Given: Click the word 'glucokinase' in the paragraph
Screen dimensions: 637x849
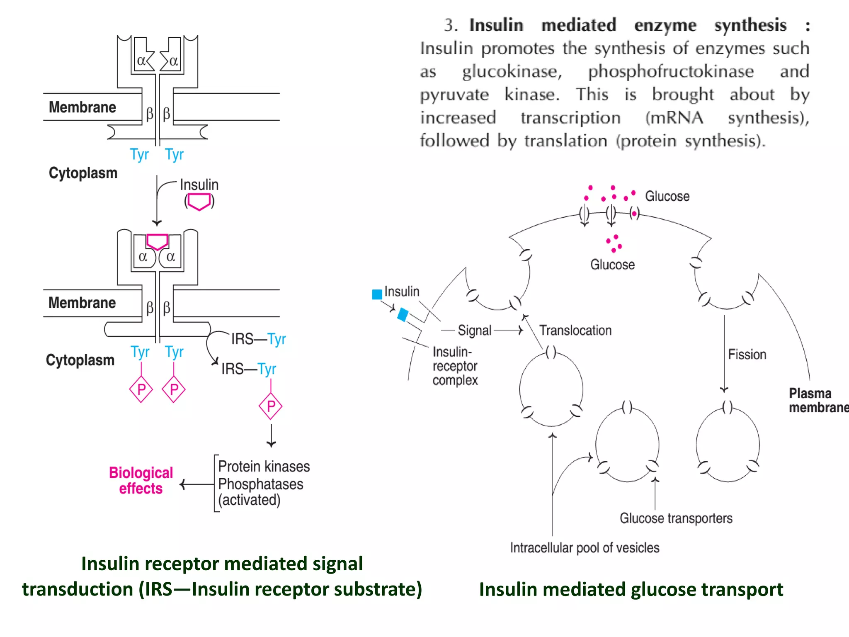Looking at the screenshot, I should tap(512, 72).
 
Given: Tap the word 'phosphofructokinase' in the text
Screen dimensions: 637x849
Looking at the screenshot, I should tap(671, 72).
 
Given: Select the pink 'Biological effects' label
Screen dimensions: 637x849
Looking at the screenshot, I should tap(141, 480).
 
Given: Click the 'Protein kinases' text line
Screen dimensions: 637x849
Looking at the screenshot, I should tap(264, 467).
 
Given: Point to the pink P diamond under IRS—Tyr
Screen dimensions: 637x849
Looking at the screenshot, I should tap(271, 406).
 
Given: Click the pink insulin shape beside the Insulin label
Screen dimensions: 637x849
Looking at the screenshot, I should tap(199, 202).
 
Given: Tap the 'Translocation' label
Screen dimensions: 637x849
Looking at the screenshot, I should tap(575, 331).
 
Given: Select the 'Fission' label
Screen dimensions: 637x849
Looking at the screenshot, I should tap(747, 355).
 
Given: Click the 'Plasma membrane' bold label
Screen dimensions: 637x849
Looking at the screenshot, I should tap(817, 400).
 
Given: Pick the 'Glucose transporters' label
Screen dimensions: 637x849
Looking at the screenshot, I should tap(676, 518).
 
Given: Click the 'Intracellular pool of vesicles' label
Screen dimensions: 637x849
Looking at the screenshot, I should tap(585, 548).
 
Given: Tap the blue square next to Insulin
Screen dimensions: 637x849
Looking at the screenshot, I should tap(377, 294).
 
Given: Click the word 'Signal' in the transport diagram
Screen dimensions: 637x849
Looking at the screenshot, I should tap(474, 331).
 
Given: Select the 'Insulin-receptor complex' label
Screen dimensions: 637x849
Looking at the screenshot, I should tap(455, 366).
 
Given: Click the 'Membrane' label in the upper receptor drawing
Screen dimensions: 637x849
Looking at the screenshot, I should tap(82, 107).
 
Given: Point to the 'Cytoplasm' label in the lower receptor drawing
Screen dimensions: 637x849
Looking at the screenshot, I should tap(80, 360).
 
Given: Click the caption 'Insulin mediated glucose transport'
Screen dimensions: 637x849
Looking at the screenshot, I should tap(631, 589).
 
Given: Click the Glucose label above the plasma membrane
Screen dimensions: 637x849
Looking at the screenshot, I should tap(667, 196).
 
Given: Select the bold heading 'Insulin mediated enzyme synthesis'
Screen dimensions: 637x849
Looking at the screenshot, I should tap(627, 26).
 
